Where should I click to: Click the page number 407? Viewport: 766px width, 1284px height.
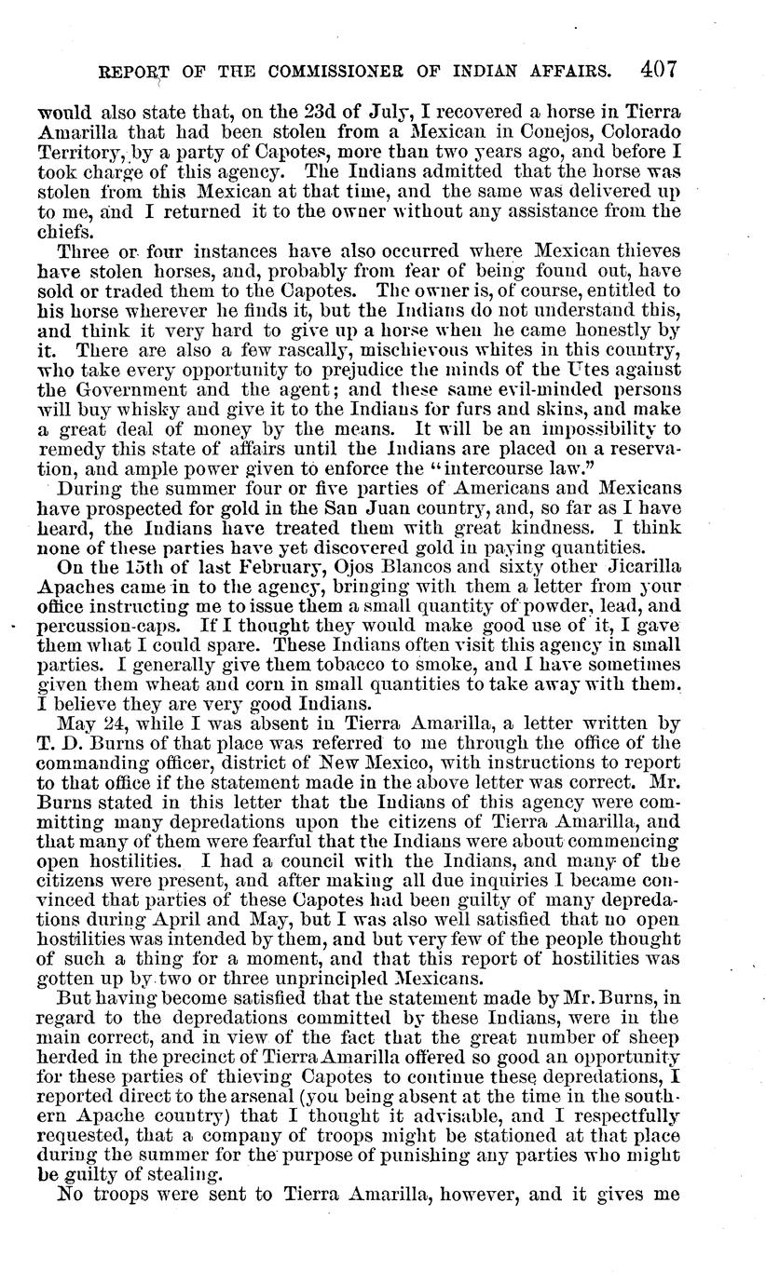[657, 70]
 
